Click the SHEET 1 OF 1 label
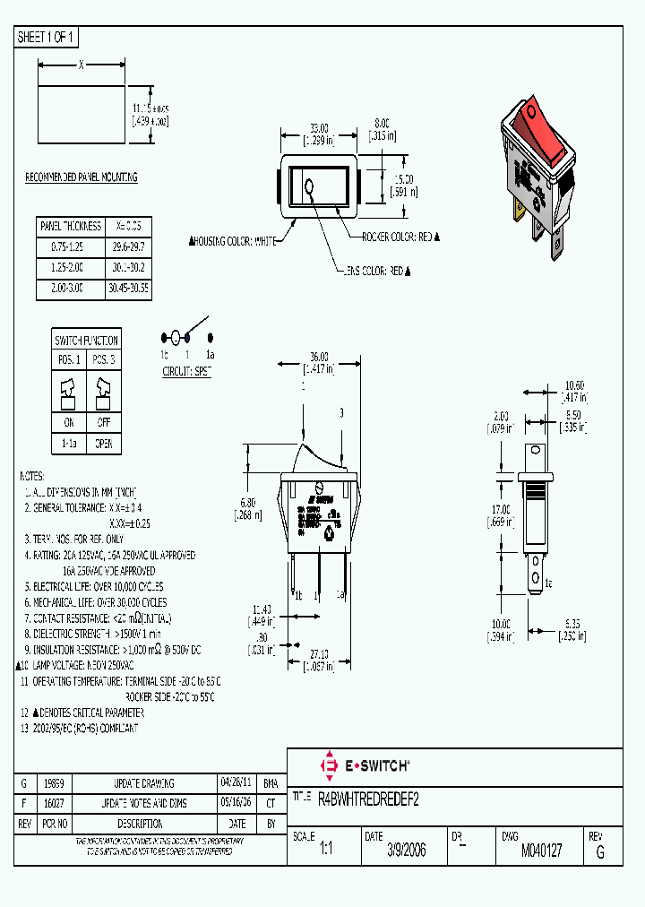coord(47,38)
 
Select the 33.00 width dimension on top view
coord(319,128)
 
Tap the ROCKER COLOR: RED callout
coord(399,237)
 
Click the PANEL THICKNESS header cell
coord(70,226)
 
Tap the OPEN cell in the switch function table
coord(104,444)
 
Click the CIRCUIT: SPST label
coord(186,370)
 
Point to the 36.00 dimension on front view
coord(319,356)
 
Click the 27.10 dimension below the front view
coord(319,654)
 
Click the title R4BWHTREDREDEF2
coord(368,798)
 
